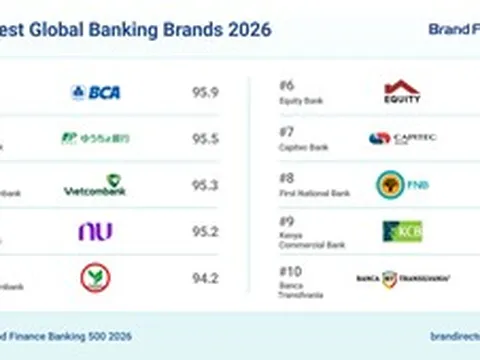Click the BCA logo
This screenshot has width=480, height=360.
click(x=96, y=92)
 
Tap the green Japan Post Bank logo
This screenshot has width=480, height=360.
click(x=95, y=138)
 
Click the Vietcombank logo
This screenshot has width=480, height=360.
click(x=95, y=185)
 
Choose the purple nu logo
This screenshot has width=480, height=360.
click(x=95, y=231)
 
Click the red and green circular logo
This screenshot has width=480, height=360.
click(x=95, y=277)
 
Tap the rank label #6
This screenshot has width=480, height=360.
click(x=287, y=85)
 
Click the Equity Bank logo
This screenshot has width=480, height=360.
click(x=402, y=92)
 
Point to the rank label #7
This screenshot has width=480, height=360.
click(x=287, y=131)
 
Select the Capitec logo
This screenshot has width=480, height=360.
click(x=402, y=139)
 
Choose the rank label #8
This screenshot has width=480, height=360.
click(x=287, y=178)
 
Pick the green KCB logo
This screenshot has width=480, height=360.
click(x=402, y=231)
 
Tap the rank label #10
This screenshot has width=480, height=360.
click(x=290, y=270)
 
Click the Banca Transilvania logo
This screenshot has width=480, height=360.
click(x=402, y=278)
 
